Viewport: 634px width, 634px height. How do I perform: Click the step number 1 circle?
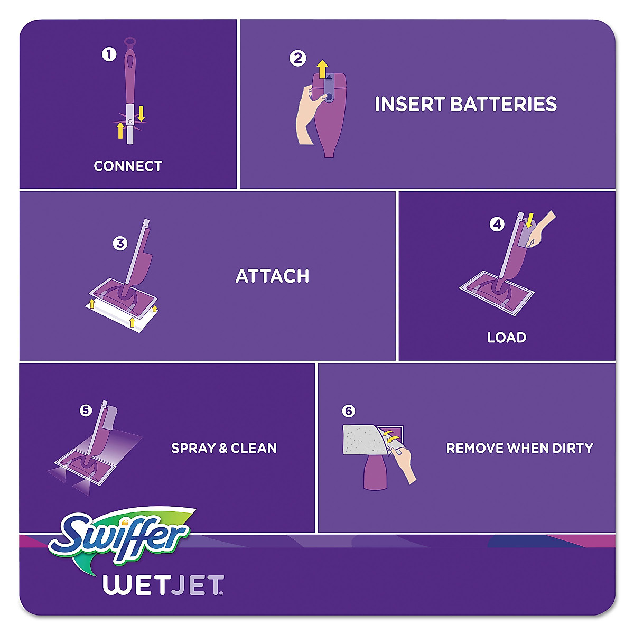(109, 54)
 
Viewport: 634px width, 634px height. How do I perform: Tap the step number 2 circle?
(297, 58)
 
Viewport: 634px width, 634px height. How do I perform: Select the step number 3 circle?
(120, 243)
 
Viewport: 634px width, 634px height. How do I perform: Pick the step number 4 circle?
(497, 224)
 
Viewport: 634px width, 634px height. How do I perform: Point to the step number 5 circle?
(86, 410)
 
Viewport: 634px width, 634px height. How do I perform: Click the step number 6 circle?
(348, 411)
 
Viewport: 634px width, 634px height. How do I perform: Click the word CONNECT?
(128, 166)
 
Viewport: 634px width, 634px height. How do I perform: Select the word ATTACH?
(272, 276)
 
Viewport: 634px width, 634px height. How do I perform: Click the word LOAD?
(507, 337)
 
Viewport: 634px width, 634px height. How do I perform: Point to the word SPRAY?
(193, 448)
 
